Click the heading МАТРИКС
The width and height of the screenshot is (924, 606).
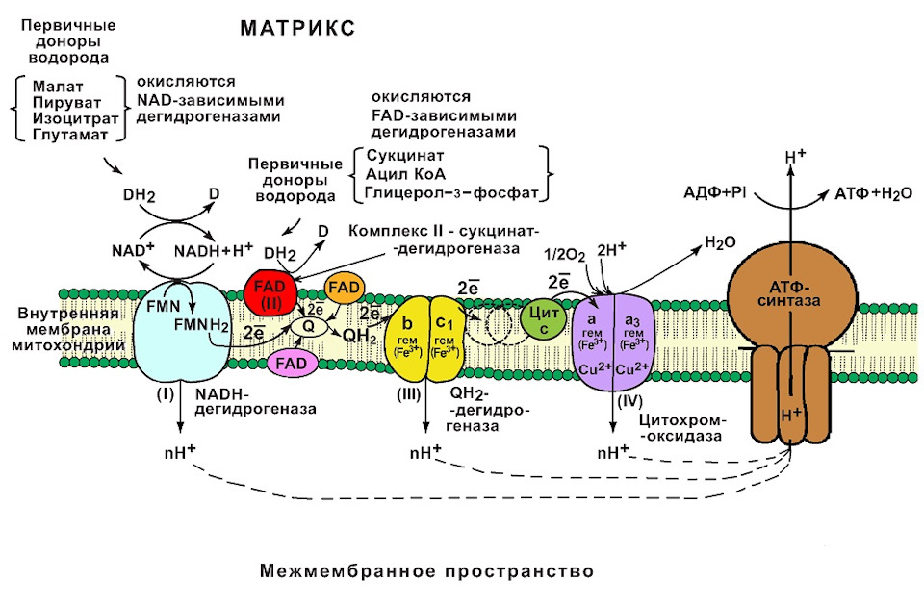pyautogui.click(x=297, y=29)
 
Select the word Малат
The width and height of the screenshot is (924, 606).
pyautogui.click(x=54, y=85)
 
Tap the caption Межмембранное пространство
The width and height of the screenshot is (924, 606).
pyautogui.click(x=426, y=571)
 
